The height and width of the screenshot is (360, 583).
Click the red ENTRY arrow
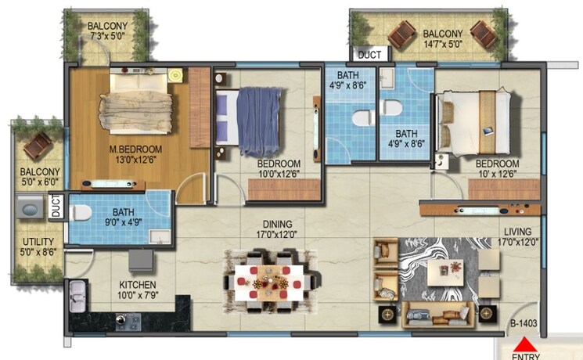click(x=525, y=344)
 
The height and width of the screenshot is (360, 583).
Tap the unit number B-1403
click(x=524, y=320)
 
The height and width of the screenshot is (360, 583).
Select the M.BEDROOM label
click(x=135, y=149)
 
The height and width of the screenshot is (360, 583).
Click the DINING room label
click(x=257, y=223)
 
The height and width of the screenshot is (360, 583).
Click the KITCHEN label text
click(x=138, y=284)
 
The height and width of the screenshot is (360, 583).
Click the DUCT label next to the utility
click(x=56, y=207)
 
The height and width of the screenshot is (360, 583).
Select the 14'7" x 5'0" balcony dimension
click(x=442, y=45)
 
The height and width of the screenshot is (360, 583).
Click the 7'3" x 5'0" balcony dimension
click(x=107, y=36)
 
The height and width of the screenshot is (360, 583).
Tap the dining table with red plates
click(x=271, y=278)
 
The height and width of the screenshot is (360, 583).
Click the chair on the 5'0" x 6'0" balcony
click(x=35, y=145)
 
